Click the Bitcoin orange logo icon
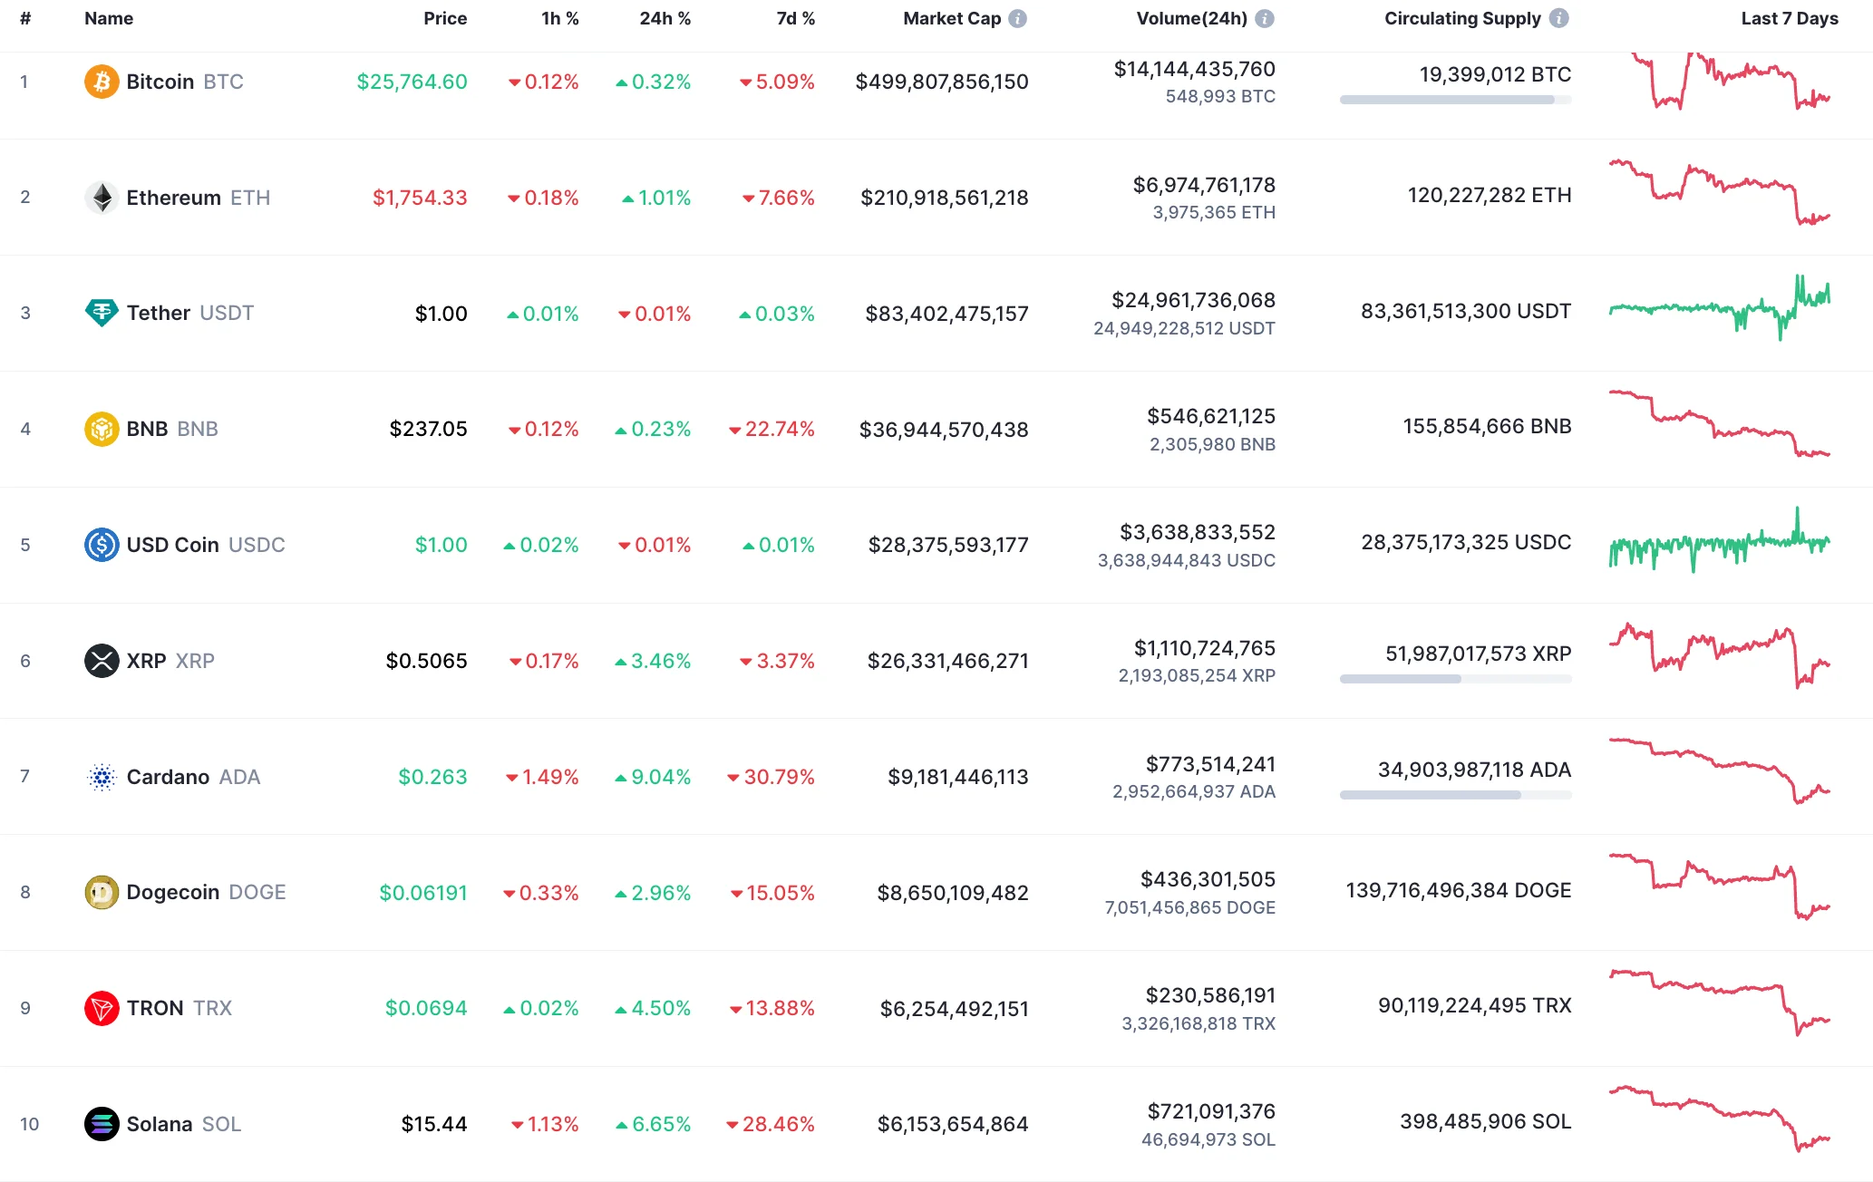[x=102, y=82]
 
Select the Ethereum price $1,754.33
[x=420, y=198]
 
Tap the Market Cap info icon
[x=1018, y=18]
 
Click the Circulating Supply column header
[x=1461, y=18]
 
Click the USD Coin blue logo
[x=102, y=545]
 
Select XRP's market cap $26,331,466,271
[x=947, y=661]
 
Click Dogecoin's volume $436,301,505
[x=1208, y=879]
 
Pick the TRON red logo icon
[x=102, y=1008]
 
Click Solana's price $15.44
[x=434, y=1124]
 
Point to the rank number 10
[x=29, y=1124]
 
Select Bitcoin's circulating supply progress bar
[x=1455, y=100]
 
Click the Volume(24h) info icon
[x=1265, y=18]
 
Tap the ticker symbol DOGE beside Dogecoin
[x=257, y=892]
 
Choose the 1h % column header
[x=559, y=18]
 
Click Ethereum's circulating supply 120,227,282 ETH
[x=1489, y=195]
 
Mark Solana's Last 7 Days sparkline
[x=1719, y=1119]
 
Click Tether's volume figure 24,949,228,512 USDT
[x=1184, y=328]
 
